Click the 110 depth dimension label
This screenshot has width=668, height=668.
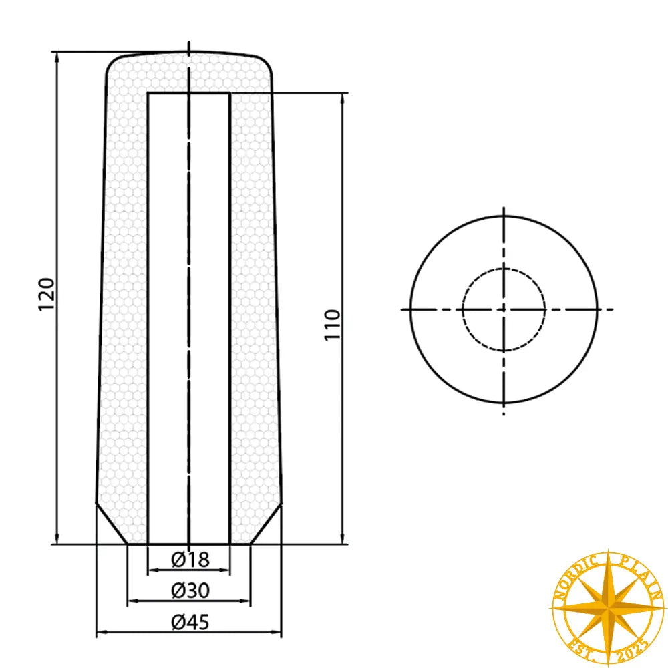click(x=333, y=324)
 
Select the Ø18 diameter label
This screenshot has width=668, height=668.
click(x=190, y=560)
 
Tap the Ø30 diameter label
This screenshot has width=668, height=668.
click(x=190, y=591)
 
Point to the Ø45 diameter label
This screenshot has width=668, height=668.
click(x=190, y=622)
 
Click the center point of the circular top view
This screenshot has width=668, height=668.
click(x=504, y=309)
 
